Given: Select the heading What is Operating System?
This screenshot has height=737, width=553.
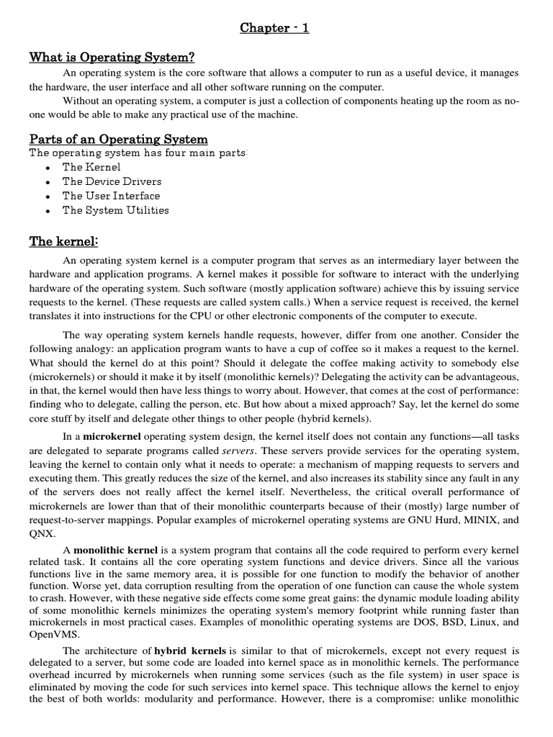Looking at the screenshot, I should (112, 58).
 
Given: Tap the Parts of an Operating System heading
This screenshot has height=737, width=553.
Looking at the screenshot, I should (118, 139).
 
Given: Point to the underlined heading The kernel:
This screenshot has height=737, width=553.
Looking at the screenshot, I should (63, 241).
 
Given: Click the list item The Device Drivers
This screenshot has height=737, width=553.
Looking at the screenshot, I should (112, 181).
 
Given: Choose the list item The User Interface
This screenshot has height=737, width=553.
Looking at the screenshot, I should (111, 196).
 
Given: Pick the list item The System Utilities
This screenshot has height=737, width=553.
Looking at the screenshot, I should (115, 210).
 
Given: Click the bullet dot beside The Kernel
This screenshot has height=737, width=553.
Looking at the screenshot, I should (47, 168).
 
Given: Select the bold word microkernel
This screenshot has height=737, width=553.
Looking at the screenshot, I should (112, 436).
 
